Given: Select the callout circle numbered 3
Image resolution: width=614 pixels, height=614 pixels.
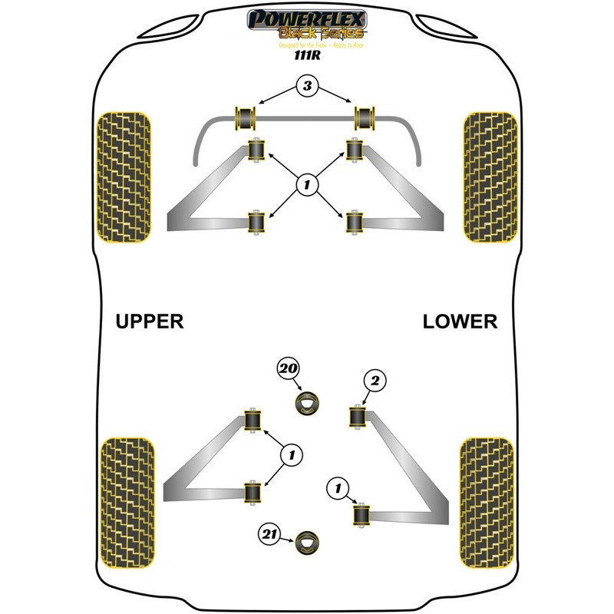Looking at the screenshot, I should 306,87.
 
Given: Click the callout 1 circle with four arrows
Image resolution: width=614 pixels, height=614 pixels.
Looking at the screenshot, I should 306,183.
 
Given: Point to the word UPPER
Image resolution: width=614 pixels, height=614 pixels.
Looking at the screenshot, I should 150,321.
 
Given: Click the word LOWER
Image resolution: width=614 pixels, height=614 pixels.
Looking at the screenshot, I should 460,321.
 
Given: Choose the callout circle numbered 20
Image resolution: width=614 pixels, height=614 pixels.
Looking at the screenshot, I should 288,368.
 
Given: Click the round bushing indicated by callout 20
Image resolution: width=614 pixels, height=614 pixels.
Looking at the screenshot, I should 309,402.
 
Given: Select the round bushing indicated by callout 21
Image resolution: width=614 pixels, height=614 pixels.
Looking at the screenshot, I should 309,542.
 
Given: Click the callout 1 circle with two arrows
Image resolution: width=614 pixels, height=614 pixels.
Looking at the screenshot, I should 290,455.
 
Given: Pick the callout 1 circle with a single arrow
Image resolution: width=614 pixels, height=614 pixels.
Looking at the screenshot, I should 335,486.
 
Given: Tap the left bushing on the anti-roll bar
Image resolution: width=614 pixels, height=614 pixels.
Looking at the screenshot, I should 247,117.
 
